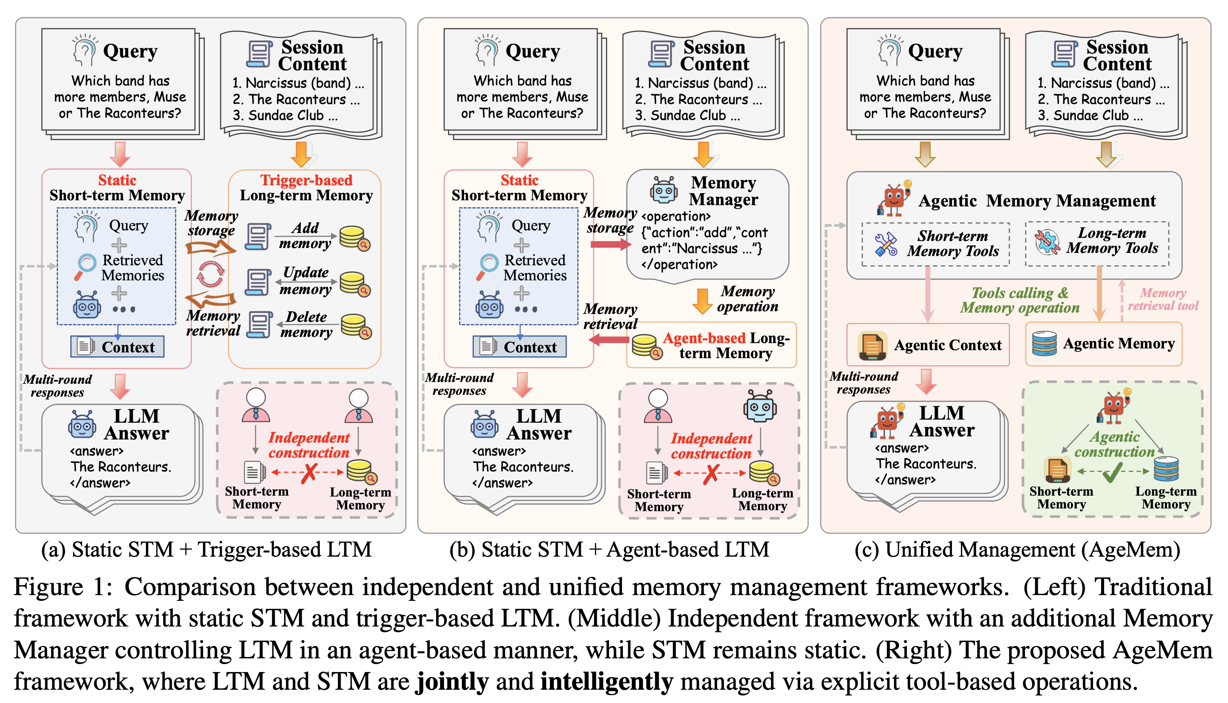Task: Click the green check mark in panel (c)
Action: point(1113,472)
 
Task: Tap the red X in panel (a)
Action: point(309,473)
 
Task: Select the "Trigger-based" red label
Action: point(306,180)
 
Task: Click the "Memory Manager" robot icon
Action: point(663,190)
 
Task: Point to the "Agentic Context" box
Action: point(928,345)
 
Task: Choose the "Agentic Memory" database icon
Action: point(1044,344)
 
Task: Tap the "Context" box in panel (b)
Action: point(519,347)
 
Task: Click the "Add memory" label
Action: point(305,235)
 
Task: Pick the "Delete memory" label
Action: point(306,324)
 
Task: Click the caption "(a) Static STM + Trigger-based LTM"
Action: point(206,550)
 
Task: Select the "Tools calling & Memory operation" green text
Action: point(1019,300)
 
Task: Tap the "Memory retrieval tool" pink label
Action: point(1163,299)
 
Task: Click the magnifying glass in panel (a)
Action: point(85,266)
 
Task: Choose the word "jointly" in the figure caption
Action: point(452,681)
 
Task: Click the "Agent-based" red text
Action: point(704,338)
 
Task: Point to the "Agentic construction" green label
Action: point(1114,444)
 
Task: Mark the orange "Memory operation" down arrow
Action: point(702,300)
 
